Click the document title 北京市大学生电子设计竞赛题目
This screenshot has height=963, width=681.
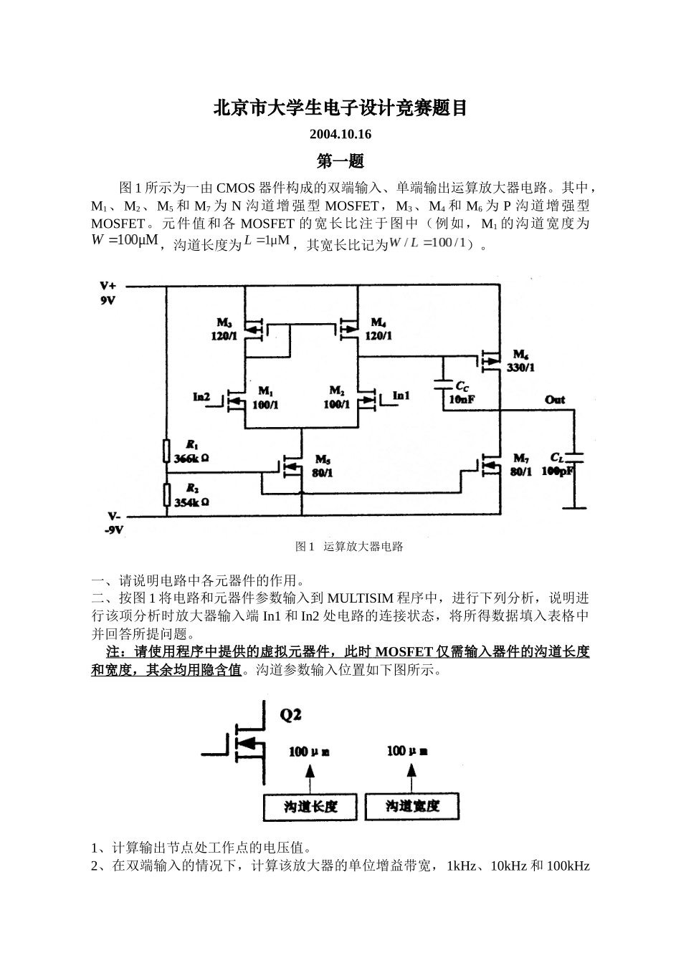click(x=340, y=108)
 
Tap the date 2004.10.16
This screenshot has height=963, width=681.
click(x=340, y=135)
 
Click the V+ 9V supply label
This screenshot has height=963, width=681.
click(x=108, y=293)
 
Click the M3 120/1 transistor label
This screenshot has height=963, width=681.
click(x=224, y=330)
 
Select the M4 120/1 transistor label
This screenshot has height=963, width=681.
click(x=378, y=330)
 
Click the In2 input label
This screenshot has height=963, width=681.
click(x=201, y=396)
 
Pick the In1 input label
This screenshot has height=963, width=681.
click(x=401, y=396)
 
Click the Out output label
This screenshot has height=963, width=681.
click(x=555, y=400)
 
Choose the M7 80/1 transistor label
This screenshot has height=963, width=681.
click(x=522, y=465)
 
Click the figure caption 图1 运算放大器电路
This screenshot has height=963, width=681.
click(x=349, y=547)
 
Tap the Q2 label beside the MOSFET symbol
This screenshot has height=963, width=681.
click(x=290, y=714)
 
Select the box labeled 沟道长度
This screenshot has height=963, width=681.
click(x=310, y=806)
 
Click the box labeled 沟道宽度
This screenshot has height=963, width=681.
click(x=412, y=806)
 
